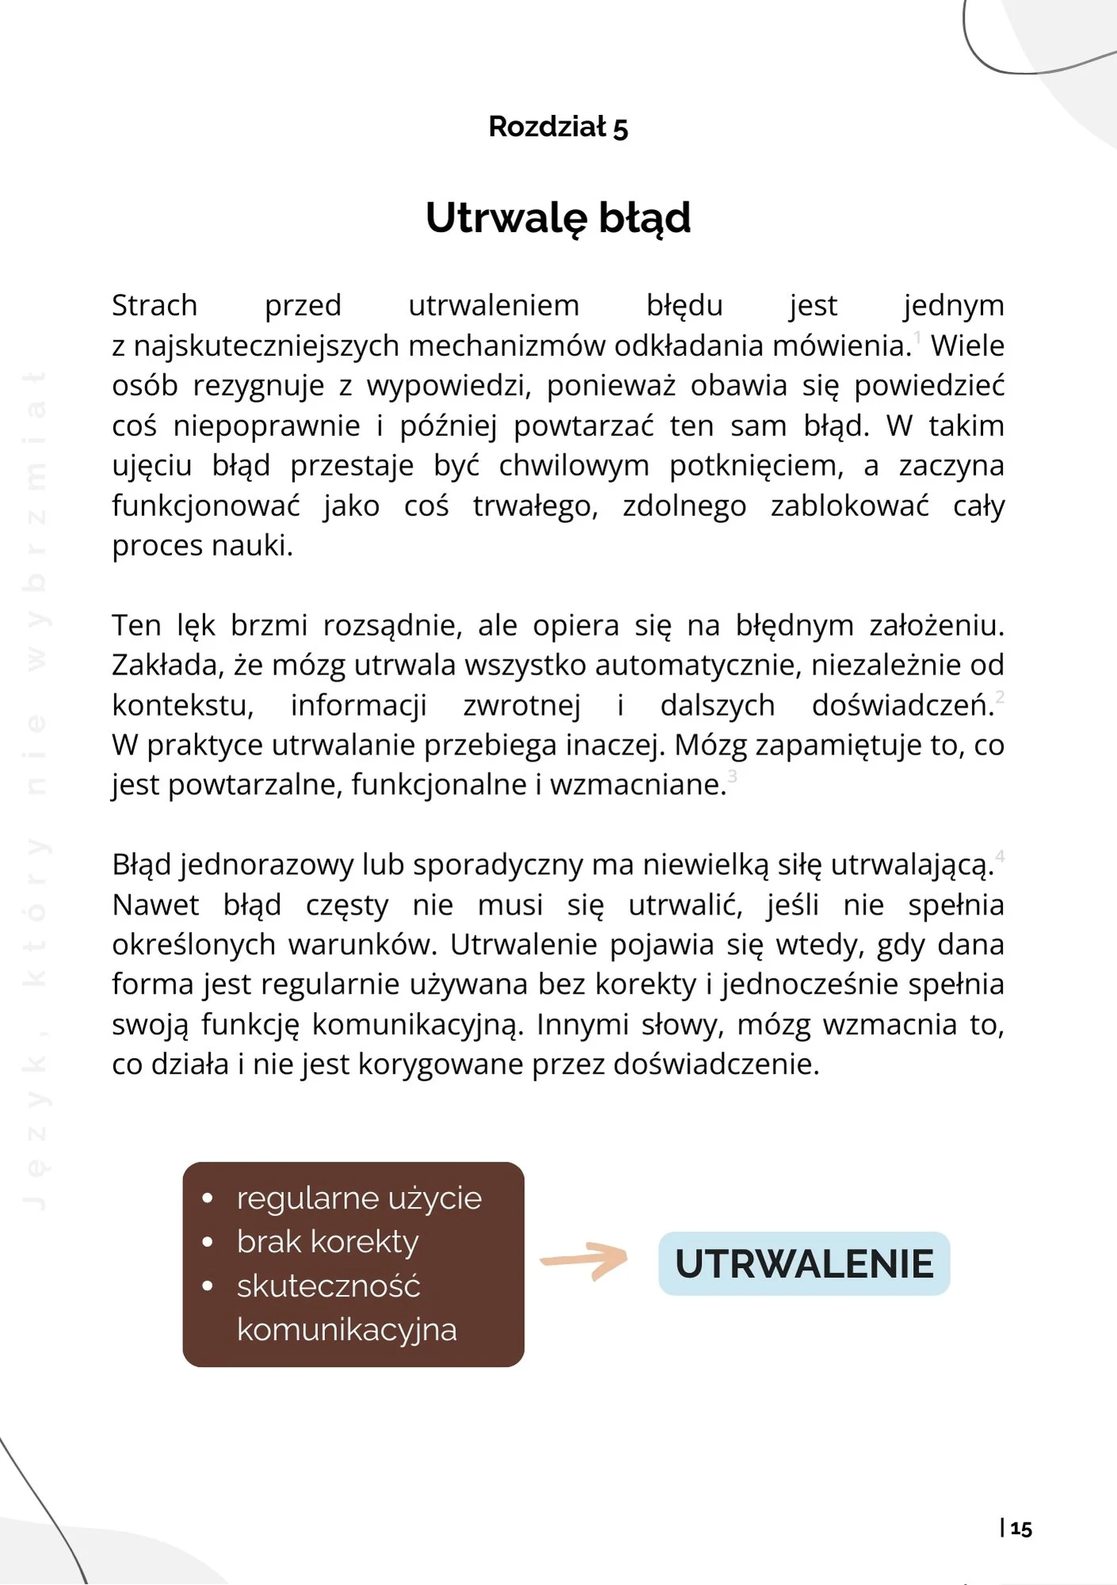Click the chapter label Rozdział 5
(x=558, y=127)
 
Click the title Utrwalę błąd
(x=558, y=218)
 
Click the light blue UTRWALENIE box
(x=804, y=1263)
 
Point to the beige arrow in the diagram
(x=584, y=1260)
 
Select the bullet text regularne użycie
(x=358, y=1198)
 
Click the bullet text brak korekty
(x=327, y=1242)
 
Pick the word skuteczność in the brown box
(x=328, y=1285)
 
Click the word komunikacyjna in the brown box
(x=346, y=1329)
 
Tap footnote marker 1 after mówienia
(x=918, y=338)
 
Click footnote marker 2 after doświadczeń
(x=1000, y=697)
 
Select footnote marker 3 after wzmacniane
(x=733, y=776)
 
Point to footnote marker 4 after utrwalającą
(x=1000, y=856)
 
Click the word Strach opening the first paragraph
(x=155, y=306)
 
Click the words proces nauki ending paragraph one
(x=202, y=545)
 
